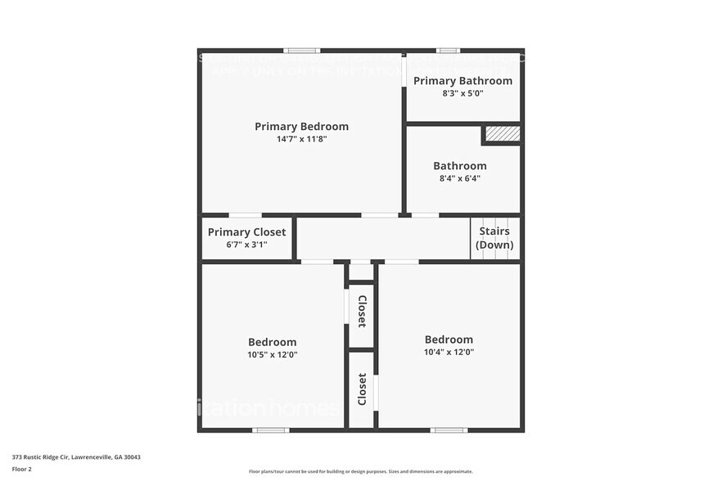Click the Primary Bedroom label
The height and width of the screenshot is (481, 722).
pos(301,126)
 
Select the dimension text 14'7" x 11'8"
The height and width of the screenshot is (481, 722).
pos(301,139)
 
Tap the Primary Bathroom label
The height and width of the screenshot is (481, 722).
pos(463,80)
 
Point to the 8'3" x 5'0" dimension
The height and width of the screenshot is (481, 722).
pos(463,93)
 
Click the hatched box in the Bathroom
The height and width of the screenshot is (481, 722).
pos(501,134)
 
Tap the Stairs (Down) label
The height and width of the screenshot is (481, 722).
pos(495,238)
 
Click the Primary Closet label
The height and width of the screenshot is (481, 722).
pos(246,232)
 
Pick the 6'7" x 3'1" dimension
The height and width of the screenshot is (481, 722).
pos(246,245)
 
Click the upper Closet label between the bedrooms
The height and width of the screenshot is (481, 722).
pos(362,311)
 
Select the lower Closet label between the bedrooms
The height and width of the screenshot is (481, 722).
pos(362,389)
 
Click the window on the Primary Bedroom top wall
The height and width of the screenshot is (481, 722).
pos(301,51)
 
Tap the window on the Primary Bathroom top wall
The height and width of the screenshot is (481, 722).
pos(448,51)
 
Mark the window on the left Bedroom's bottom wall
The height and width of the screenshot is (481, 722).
pos(270,429)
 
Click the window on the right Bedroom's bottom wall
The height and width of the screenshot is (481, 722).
pos(449,429)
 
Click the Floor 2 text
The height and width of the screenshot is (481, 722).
pos(21,470)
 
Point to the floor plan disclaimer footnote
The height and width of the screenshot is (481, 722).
pos(360,471)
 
